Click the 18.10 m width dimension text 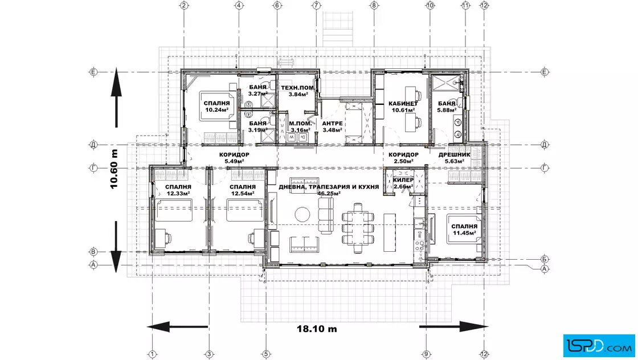click(x=317, y=329)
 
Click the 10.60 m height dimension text click(x=114, y=169)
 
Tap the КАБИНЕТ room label click(x=403, y=104)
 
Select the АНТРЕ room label click(x=332, y=123)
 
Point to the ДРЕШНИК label click(x=454, y=154)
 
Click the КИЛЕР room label click(x=403, y=180)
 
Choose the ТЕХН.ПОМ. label click(x=298, y=88)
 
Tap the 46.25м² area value click(x=329, y=194)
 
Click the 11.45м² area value click(x=464, y=233)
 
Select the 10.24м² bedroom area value click(x=216, y=110)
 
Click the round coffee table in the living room click(x=302, y=214)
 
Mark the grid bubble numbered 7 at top click(x=316, y=5)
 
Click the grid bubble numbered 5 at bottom click(x=265, y=354)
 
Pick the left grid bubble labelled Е click(x=93, y=72)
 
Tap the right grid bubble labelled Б click(x=545, y=259)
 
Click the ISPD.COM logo click(x=599, y=346)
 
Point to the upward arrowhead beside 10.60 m click(x=116, y=82)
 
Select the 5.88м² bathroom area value click(x=447, y=111)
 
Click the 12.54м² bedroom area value click(x=243, y=193)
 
